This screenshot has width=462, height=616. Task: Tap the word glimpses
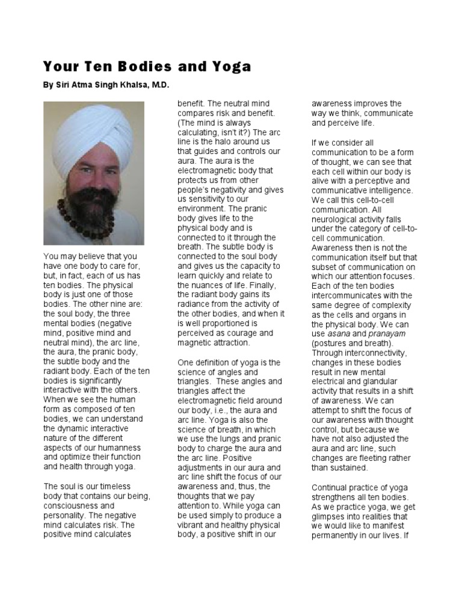331,516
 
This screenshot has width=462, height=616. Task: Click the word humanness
121,448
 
